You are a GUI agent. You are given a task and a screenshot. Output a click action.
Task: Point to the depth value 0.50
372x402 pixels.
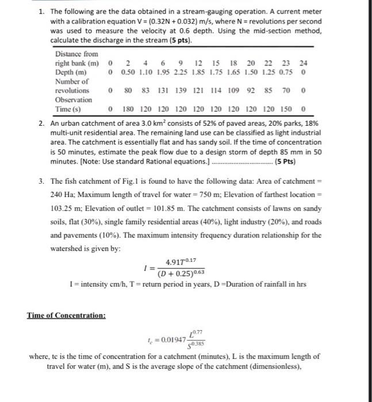pos(129,72)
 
